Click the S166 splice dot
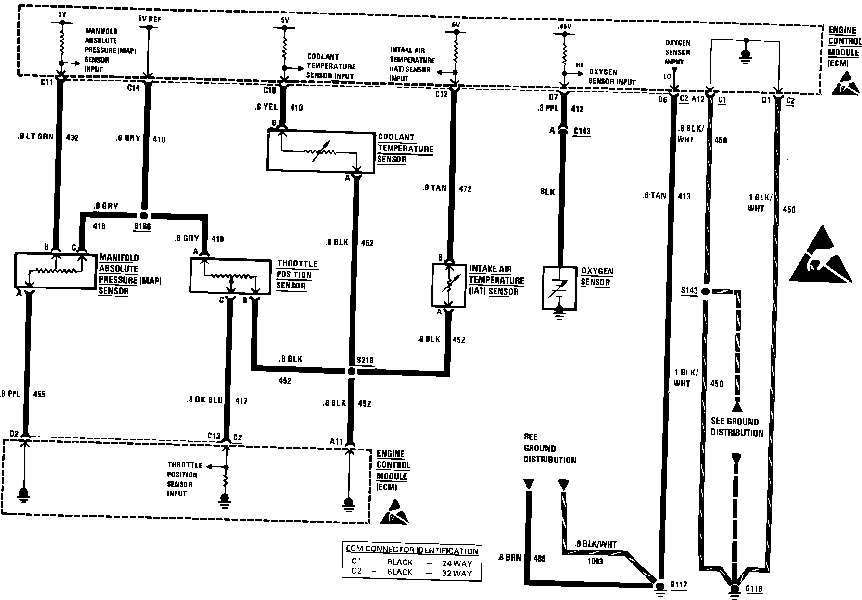click(143, 214)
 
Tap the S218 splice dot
click(351, 371)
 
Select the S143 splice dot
click(705, 291)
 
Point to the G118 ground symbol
click(734, 589)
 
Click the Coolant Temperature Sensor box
click(321, 151)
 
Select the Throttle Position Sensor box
click(230, 276)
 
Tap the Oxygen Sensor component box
click(559, 287)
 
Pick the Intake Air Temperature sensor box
click(449, 285)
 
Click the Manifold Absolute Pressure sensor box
click(55, 271)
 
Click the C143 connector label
click(582, 131)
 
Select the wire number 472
click(465, 189)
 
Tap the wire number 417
click(241, 400)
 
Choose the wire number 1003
click(595, 561)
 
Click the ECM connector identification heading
click(412, 550)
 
